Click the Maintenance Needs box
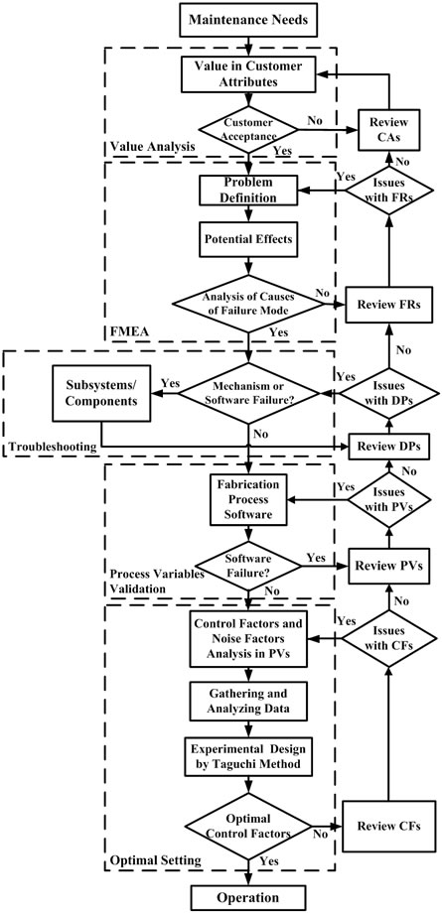[x=238, y=19]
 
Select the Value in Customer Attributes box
[x=238, y=77]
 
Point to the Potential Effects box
[x=238, y=241]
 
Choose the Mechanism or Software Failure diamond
[x=238, y=394]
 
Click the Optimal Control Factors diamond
[x=238, y=823]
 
